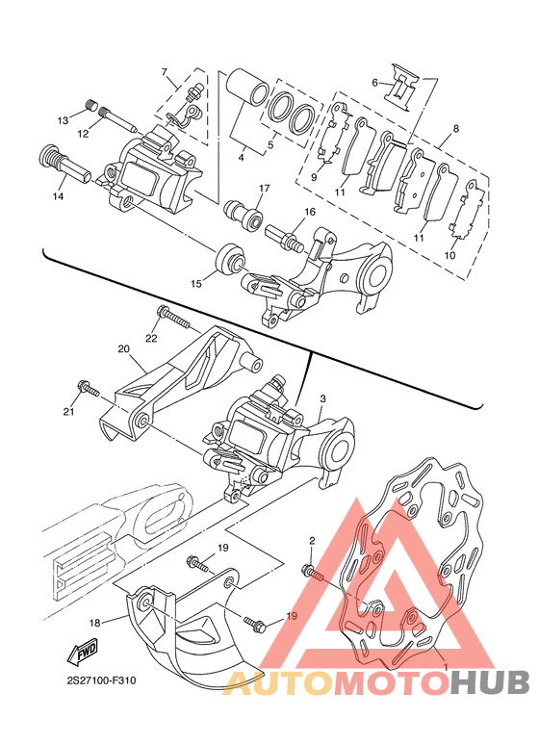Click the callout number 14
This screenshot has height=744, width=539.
(x=58, y=194)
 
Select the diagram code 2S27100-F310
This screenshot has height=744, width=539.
(x=101, y=680)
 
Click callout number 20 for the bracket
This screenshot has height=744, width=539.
(x=123, y=348)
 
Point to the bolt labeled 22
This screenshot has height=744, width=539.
(x=173, y=318)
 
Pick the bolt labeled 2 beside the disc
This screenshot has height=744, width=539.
(x=314, y=573)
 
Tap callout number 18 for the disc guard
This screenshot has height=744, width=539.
(x=95, y=623)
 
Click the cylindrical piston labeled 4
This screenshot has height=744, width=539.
(x=246, y=89)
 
